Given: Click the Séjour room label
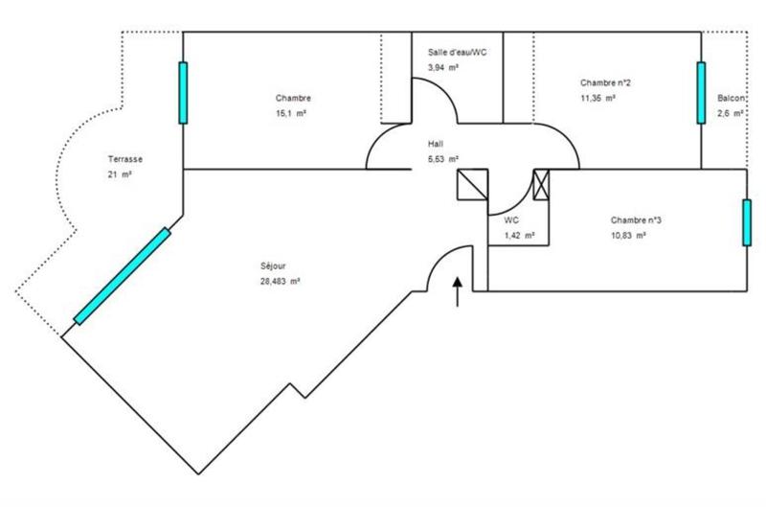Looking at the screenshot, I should [273, 265].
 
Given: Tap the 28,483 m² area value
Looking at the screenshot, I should [281, 282].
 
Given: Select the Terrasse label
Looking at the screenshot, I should [126, 159].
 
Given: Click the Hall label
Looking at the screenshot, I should [436, 144].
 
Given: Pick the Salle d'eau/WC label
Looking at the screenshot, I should [457, 52].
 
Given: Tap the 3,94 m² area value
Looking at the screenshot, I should [442, 68].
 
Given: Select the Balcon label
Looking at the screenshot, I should [732, 99].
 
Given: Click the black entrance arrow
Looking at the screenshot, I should [457, 291].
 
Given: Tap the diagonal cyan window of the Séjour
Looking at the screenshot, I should [122, 276].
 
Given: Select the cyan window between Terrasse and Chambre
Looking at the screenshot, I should [182, 92].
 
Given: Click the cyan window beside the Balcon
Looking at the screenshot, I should [701, 93].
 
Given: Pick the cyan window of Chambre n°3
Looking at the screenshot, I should [745, 221].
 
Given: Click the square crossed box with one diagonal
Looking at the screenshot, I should [473, 184].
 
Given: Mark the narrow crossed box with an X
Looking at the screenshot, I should [542, 184].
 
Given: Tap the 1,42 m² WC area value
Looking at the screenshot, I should [519, 235].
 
